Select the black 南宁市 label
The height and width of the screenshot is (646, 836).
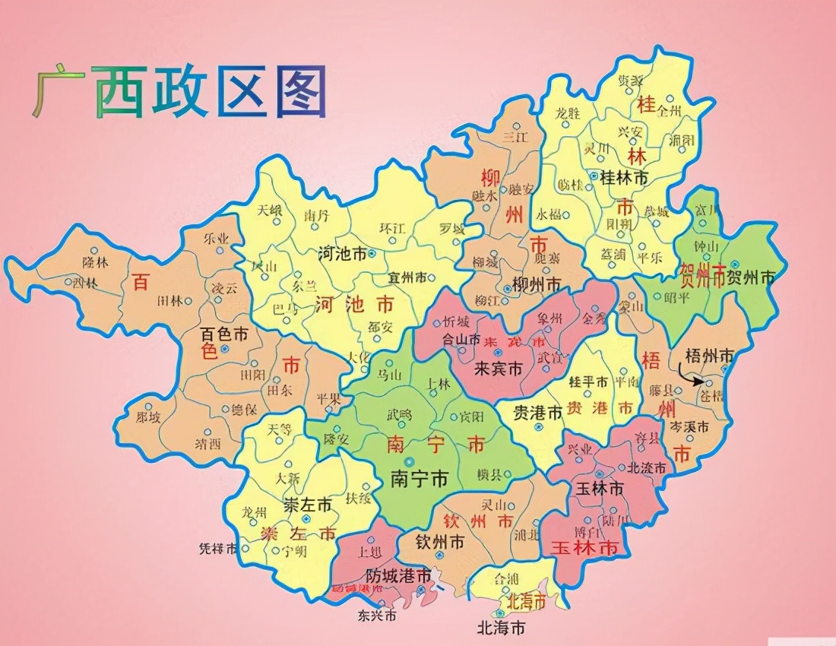(x=419, y=479)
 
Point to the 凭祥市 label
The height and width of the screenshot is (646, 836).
(x=218, y=548)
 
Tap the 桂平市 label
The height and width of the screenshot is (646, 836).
(x=589, y=382)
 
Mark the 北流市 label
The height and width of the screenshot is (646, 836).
(x=646, y=467)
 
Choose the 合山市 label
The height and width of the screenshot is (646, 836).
(x=461, y=340)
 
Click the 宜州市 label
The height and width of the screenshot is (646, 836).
(x=407, y=277)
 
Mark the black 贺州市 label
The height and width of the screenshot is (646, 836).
(x=751, y=277)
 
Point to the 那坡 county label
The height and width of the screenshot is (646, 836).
(x=148, y=417)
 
